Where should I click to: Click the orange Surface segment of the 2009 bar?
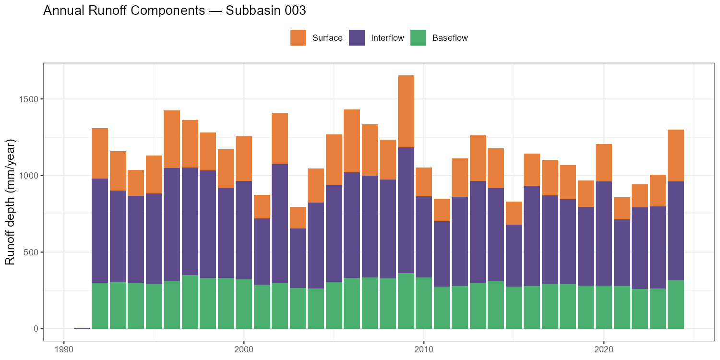tap(406, 111)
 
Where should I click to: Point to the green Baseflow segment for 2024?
tap(675, 304)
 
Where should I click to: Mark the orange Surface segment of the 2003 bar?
tap(298, 217)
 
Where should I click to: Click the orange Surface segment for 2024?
tap(675, 156)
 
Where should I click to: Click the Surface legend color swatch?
tap(298, 38)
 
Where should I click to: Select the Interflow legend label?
tap(387, 38)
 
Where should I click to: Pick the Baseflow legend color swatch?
tap(418, 38)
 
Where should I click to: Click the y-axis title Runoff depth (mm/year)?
tap(11, 202)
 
